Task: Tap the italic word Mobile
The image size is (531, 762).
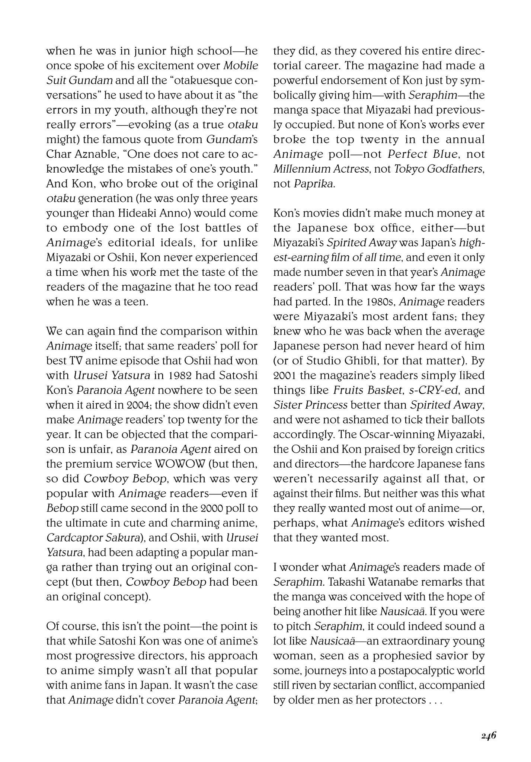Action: [240, 66]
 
